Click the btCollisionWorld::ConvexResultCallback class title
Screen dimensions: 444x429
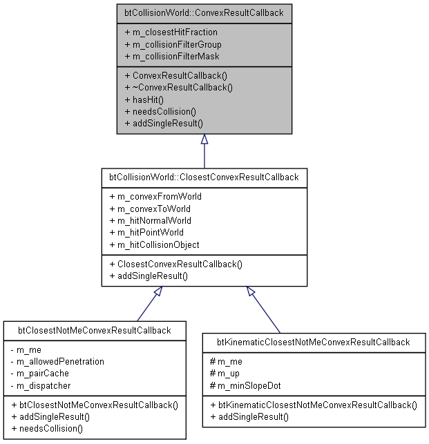click(204, 12)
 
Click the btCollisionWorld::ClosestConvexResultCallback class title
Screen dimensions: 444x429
click(204, 177)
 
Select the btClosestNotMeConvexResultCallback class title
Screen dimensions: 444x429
click(94, 330)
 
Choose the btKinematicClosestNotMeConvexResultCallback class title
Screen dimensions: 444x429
click(314, 342)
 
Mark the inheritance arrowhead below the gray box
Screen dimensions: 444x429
click(204, 139)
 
